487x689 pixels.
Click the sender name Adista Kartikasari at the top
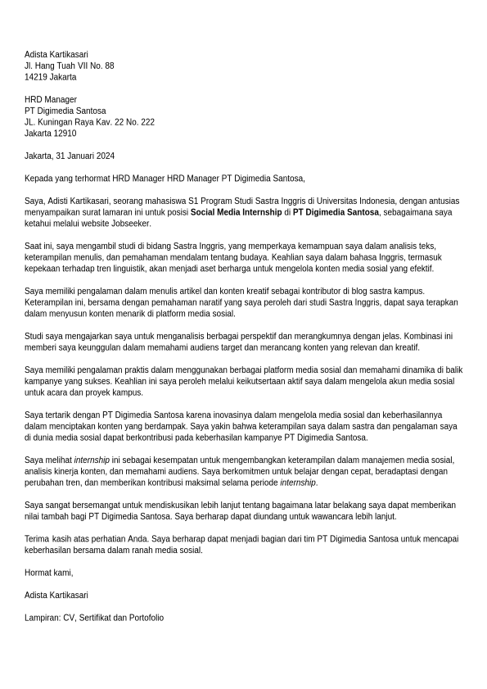point(56,55)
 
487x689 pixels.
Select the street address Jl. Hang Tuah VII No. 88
point(69,66)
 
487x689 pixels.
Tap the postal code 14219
point(36,77)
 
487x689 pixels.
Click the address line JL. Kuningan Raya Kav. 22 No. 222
point(89,122)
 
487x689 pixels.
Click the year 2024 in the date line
point(105,156)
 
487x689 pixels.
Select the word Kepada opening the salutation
point(38,178)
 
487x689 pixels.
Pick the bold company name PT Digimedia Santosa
point(336,212)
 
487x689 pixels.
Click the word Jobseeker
point(132,224)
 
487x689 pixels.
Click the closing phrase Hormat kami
point(48,573)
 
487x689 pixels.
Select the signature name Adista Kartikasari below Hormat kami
point(56,595)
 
